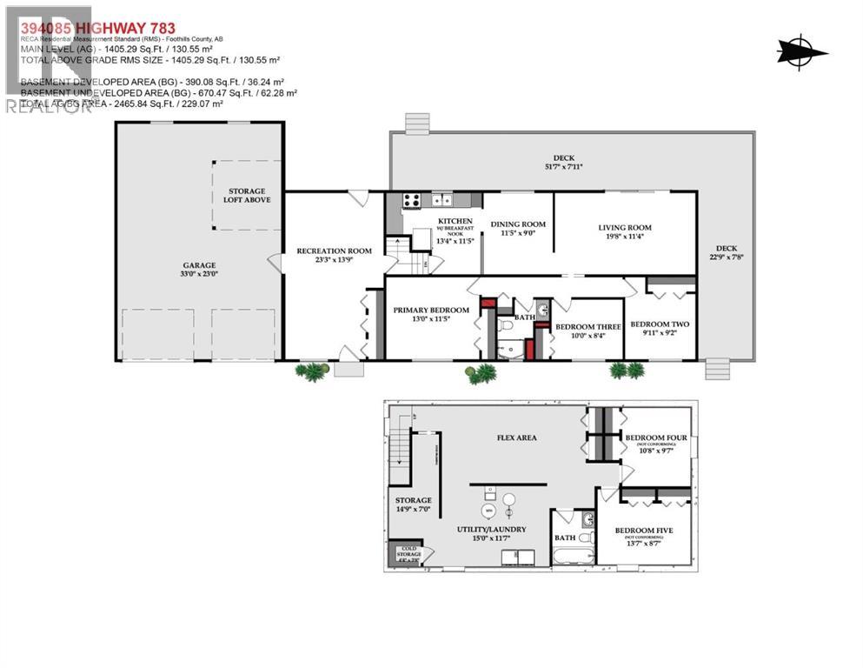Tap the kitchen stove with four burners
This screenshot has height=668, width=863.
tap(411, 201)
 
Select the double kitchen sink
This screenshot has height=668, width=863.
tap(441, 200)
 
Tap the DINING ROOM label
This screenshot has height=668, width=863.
tap(518, 224)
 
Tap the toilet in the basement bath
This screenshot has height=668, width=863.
tap(589, 521)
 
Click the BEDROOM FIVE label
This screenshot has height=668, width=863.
tap(644, 530)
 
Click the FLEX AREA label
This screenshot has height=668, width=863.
tap(516, 438)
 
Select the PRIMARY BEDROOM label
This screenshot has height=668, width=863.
tap(430, 310)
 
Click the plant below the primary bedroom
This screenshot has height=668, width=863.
tap(481, 373)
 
